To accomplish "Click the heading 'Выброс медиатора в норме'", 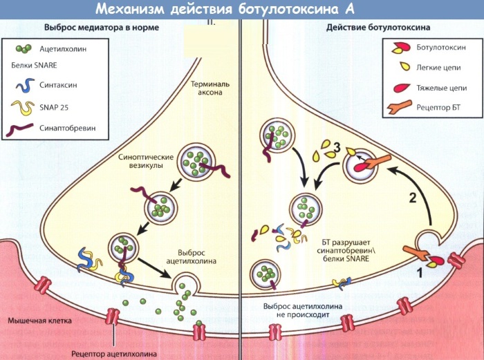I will [102, 28].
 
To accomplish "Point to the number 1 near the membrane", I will [418, 273].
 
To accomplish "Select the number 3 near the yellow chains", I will [337, 146].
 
